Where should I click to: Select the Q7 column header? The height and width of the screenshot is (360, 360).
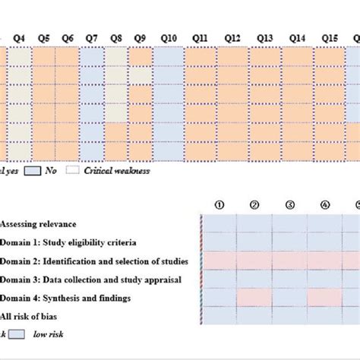tap(91, 36)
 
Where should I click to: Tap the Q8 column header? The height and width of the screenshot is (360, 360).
tap(115, 36)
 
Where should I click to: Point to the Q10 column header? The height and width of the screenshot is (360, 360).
tap(168, 36)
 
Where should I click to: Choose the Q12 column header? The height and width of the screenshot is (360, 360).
tap(232, 36)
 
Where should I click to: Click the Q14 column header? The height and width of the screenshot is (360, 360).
tap(297, 36)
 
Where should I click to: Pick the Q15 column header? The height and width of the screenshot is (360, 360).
tap(330, 36)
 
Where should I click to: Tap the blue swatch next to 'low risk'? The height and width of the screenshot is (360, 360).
tap(17, 333)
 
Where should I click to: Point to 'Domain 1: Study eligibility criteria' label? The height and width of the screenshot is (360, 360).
tap(68, 242)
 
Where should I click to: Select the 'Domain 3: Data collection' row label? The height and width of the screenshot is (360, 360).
tap(90, 279)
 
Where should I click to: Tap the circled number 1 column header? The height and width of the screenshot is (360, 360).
tap(219, 204)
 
